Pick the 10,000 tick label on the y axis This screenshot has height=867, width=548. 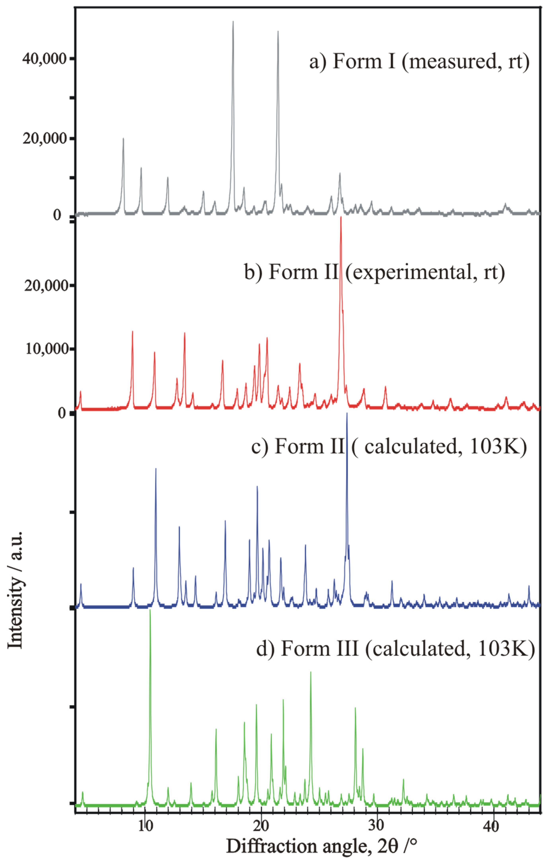click(47, 349)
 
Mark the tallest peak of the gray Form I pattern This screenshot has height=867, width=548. click(233, 22)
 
